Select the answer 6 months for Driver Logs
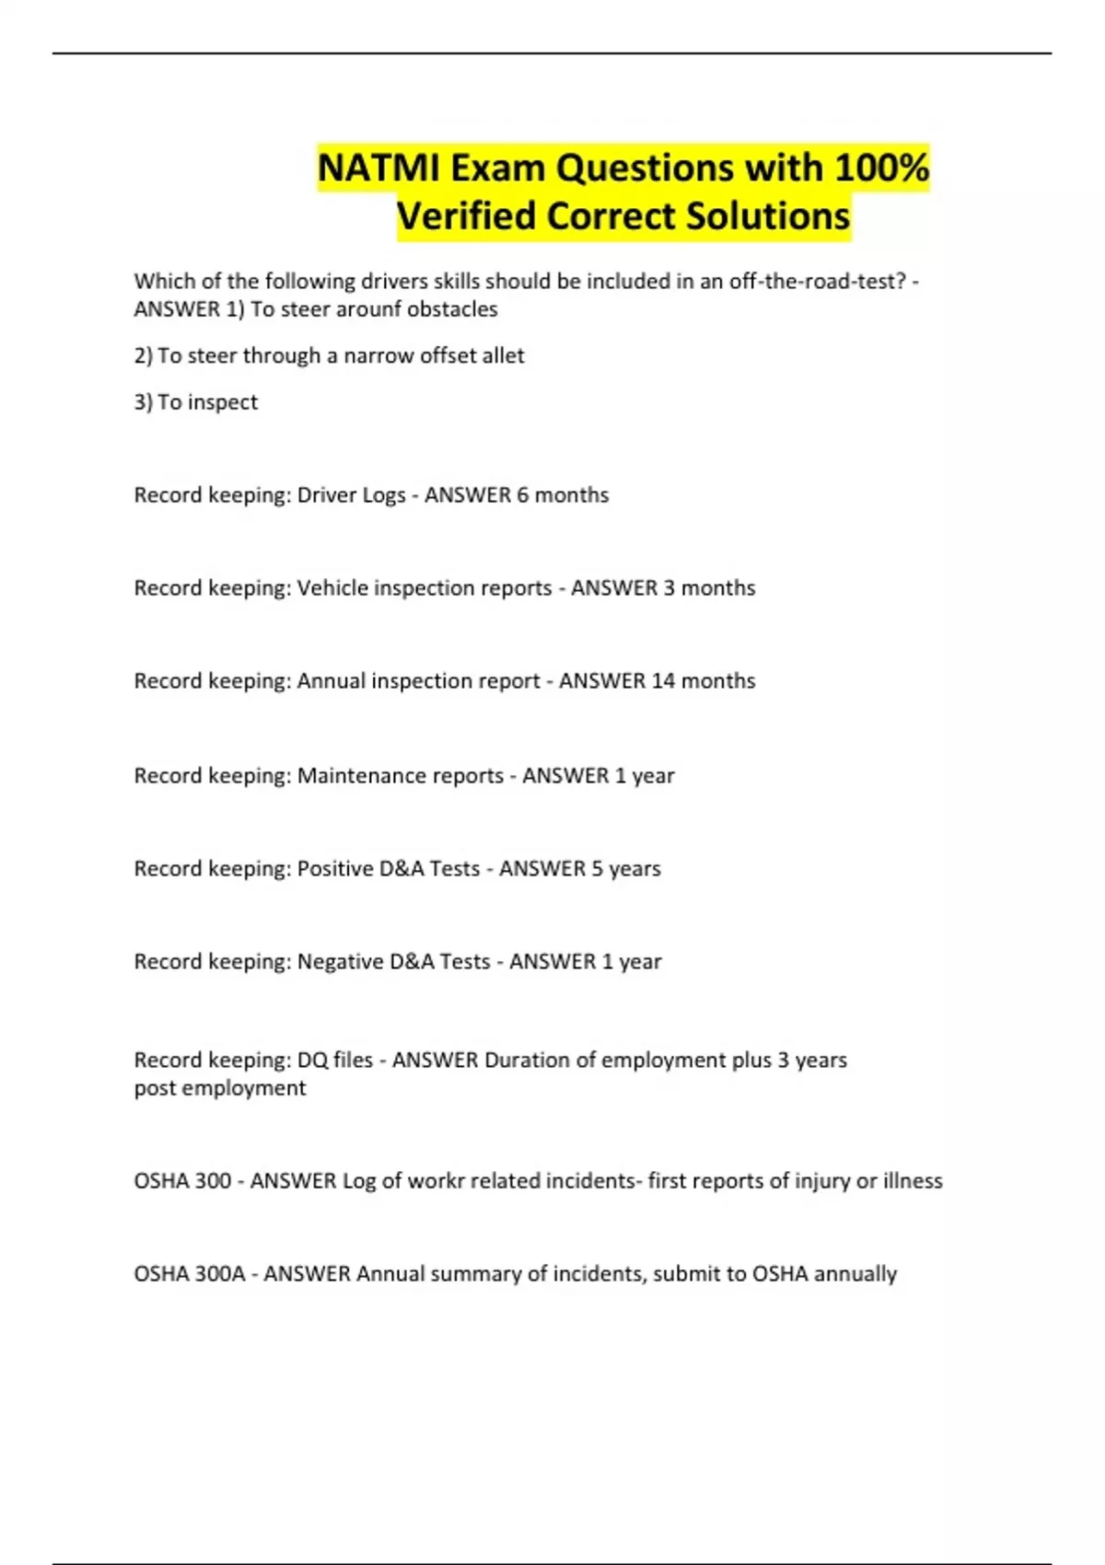563,495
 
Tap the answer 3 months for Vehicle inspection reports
709,588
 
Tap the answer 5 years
625,869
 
